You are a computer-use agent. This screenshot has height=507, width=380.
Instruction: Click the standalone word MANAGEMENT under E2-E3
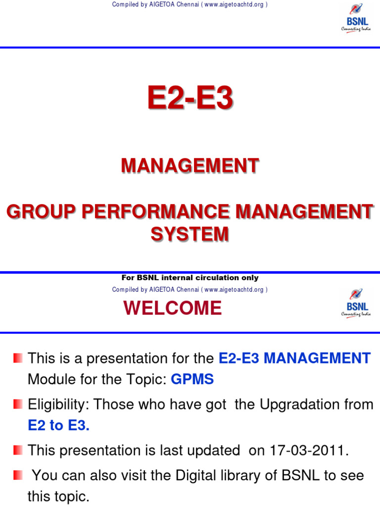(190, 166)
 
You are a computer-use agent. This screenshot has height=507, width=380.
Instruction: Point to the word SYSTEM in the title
(190, 234)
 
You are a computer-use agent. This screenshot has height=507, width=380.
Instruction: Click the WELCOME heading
(173, 308)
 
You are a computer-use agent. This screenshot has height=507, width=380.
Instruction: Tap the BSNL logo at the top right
(356, 18)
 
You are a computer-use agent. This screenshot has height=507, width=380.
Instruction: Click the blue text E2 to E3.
(59, 426)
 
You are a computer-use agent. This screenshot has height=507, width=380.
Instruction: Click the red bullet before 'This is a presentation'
(18, 357)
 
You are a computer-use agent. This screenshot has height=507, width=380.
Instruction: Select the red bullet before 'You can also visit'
(18, 475)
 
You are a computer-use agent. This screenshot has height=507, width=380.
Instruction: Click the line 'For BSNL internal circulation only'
(190, 278)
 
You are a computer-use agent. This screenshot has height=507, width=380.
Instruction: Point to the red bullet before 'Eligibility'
(18, 404)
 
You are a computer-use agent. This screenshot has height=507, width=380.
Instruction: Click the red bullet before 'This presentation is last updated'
(18, 450)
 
